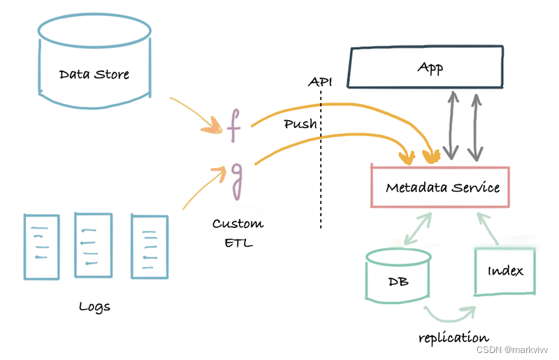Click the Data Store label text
click(x=94, y=74)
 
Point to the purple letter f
click(x=234, y=126)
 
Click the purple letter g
click(x=236, y=181)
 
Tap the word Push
click(x=300, y=124)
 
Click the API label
click(x=320, y=82)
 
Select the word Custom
click(x=238, y=224)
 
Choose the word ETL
click(x=238, y=243)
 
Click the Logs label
click(x=94, y=307)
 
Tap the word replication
click(x=453, y=337)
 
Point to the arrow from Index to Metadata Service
click(x=487, y=228)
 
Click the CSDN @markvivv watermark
click(x=512, y=350)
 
